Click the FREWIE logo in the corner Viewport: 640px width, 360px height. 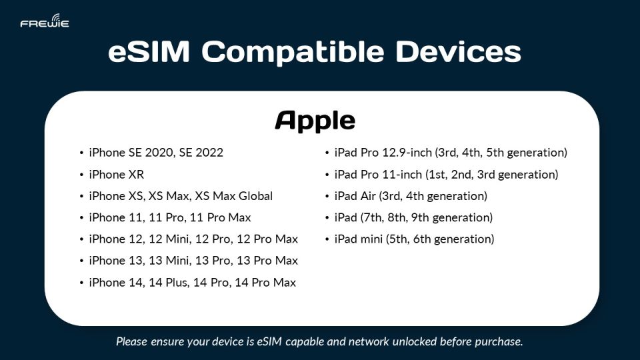[44, 22]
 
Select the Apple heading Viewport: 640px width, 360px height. [315, 121]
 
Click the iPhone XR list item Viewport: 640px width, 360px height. [116, 175]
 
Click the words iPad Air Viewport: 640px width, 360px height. [355, 196]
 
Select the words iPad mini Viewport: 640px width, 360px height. [359, 239]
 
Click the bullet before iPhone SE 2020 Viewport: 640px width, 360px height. [81, 153]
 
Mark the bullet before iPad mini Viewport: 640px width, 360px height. [327, 239]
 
